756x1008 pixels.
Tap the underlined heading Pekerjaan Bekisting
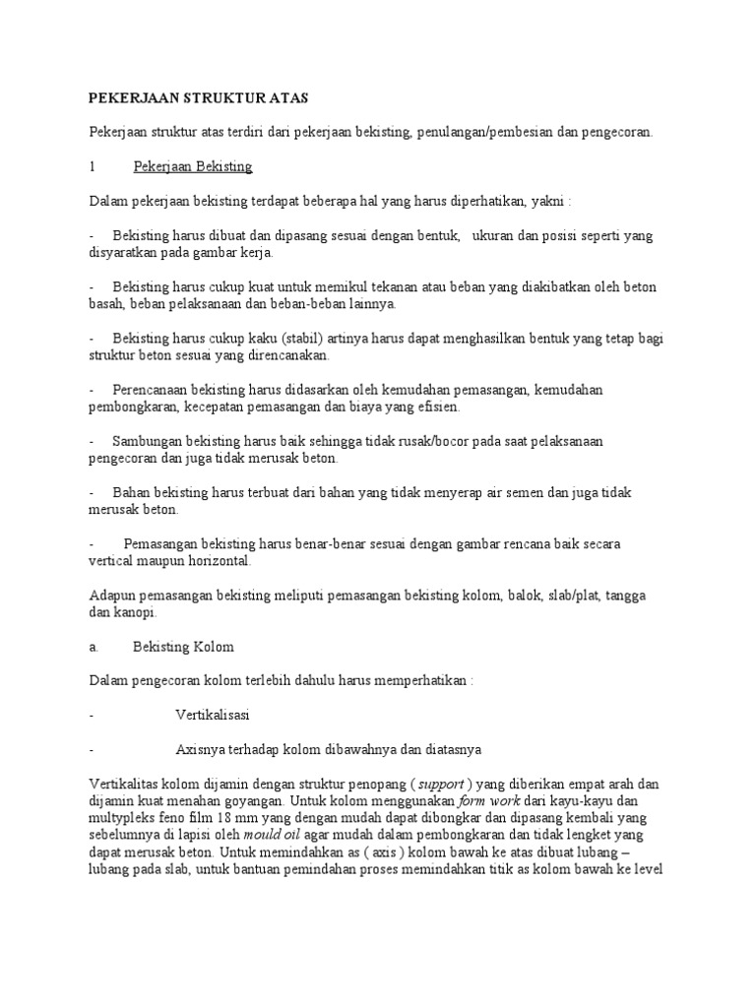click(193, 166)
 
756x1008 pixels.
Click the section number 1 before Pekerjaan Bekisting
click(92, 166)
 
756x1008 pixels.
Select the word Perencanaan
click(152, 389)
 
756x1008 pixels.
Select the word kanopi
click(138, 613)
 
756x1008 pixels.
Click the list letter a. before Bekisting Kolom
click(93, 647)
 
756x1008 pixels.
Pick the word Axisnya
click(198, 749)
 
